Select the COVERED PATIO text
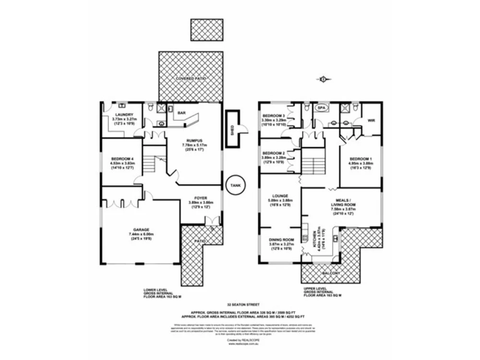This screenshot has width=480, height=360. coord(191,78)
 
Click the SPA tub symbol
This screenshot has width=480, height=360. coord(320,108)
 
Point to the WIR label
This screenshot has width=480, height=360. coord(371,120)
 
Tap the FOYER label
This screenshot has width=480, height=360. coord(200,197)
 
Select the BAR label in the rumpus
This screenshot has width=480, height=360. coord(181,113)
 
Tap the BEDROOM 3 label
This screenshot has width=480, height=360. coord(274,115)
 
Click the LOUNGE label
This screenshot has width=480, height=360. coord(280,196)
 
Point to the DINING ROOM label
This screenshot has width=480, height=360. coord(281,240)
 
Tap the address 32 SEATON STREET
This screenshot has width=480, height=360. coord(240,304)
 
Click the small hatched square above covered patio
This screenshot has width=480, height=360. coord(206,30)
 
